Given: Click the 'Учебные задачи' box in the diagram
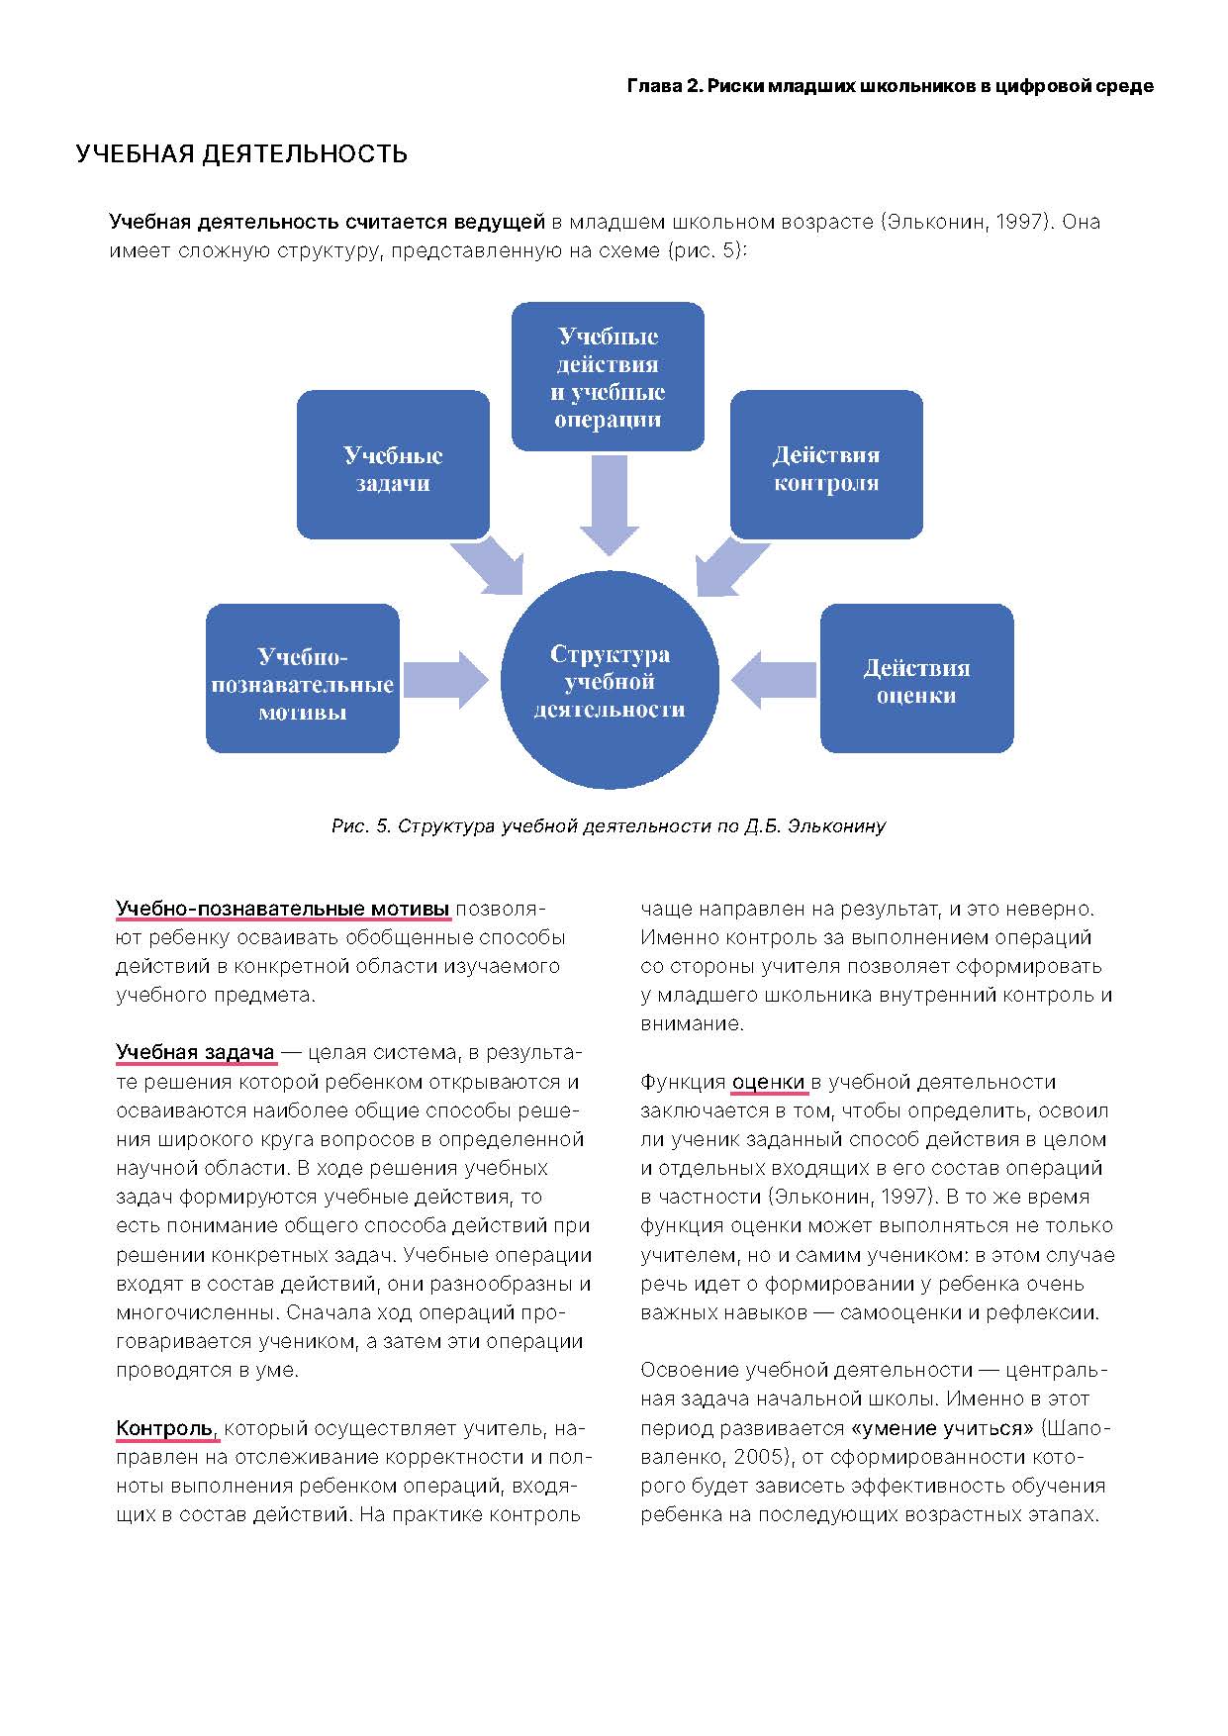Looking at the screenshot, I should tap(393, 465).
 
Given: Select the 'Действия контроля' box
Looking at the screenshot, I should tap(826, 465).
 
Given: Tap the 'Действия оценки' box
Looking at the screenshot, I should tap(916, 679).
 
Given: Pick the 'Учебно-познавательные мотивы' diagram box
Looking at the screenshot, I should tap(302, 680).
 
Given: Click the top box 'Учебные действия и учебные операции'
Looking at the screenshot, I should tap(608, 377).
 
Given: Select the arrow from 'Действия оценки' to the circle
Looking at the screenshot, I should tap(775, 679).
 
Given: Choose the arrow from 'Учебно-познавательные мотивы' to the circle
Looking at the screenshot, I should tap(445, 680).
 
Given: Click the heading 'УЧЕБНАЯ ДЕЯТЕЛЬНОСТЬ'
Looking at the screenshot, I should tap(241, 153).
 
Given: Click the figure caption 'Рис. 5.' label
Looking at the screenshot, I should tap(361, 825).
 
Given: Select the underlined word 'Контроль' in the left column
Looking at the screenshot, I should tap(164, 1428).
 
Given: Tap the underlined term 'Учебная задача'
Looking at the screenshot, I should tap(195, 1052).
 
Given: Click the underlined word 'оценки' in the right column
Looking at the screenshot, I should tap(768, 1082).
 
